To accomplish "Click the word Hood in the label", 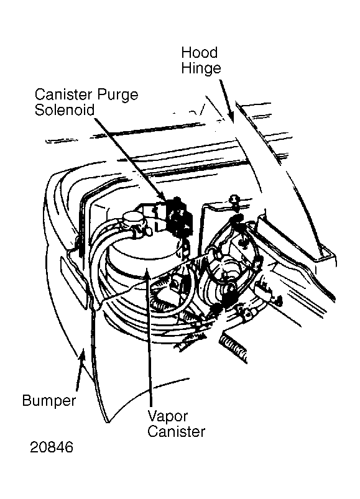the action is click(200, 52).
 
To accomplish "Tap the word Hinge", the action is click(201, 68).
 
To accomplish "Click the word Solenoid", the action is click(65, 110).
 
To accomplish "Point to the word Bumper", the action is click(49, 401).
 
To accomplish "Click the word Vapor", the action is click(168, 416).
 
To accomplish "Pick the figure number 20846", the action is click(52, 447).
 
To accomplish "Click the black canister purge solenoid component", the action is click(179, 216).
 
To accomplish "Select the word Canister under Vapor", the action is click(177, 432).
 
